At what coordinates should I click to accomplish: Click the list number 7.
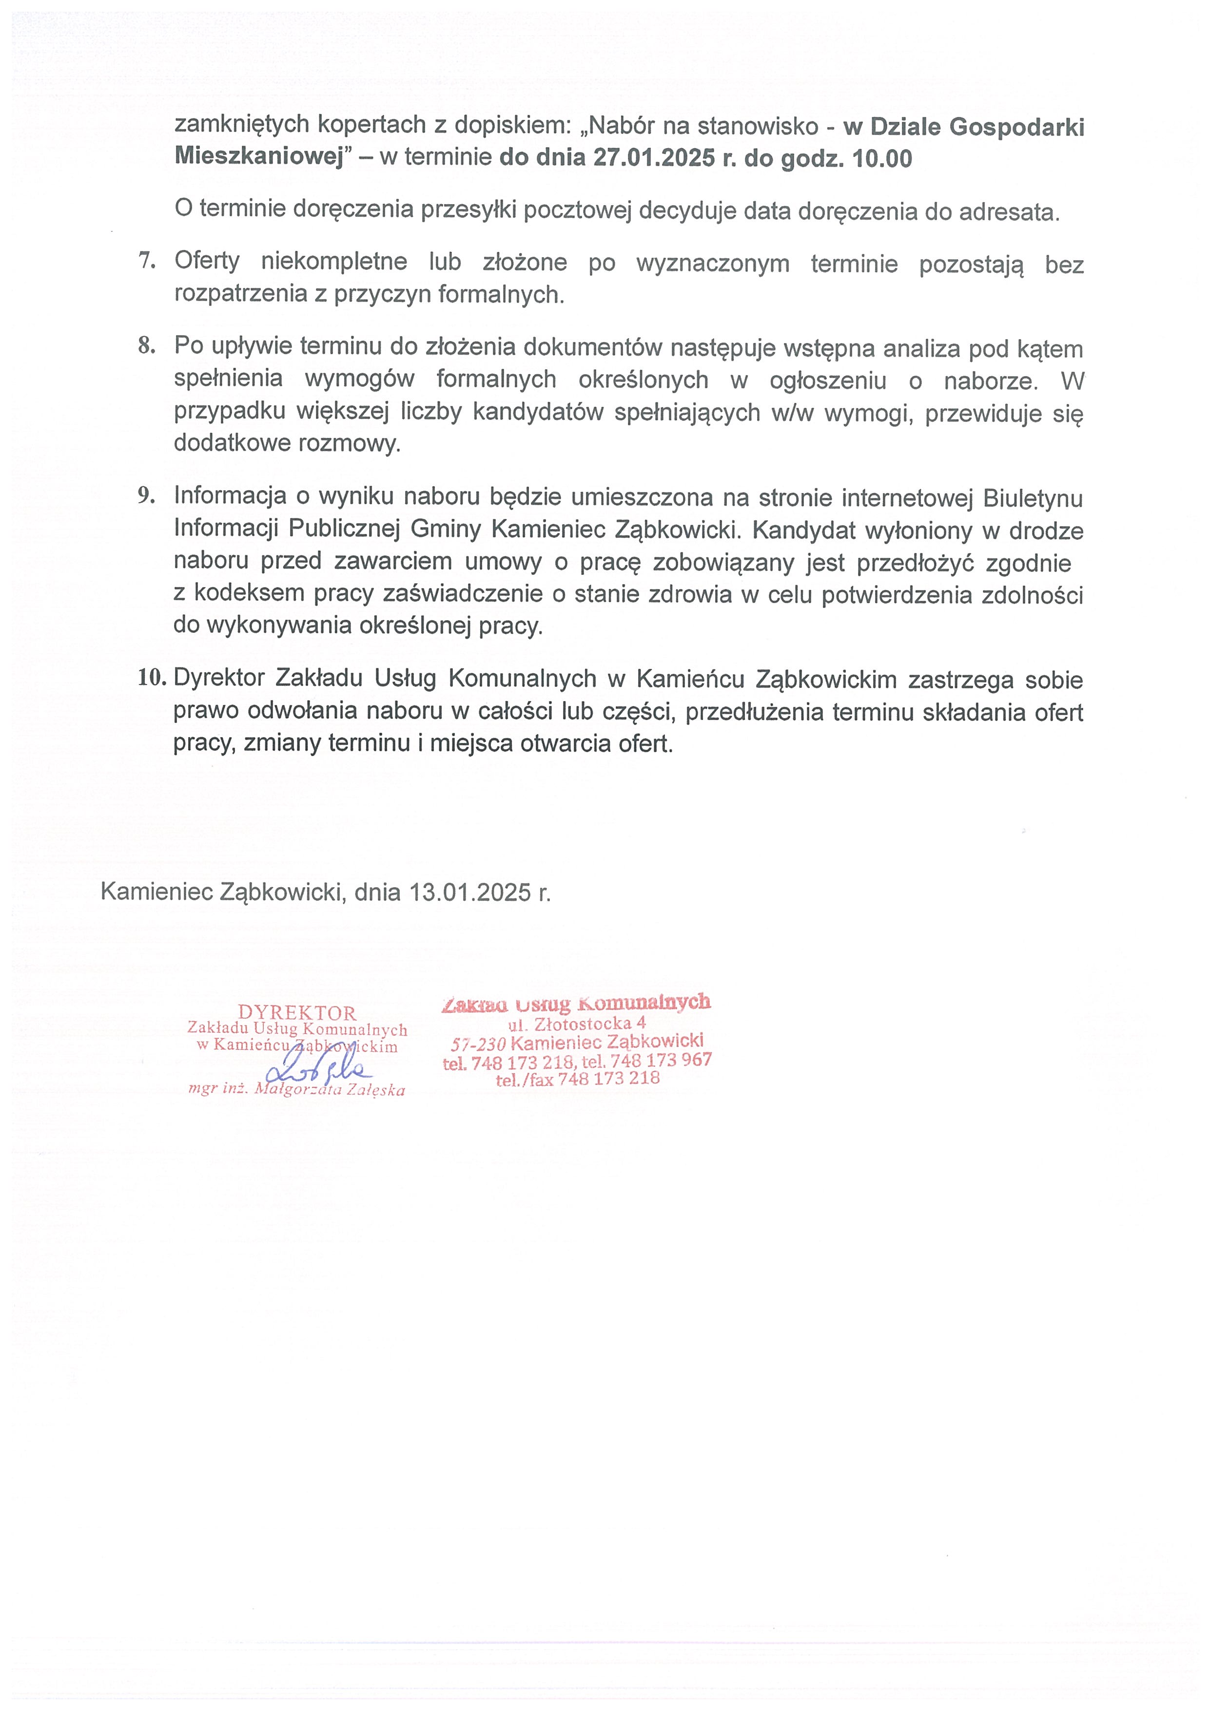pos(147,261)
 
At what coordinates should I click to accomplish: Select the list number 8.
pos(147,345)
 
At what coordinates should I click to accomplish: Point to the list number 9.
pos(147,496)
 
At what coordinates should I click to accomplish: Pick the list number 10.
pos(151,678)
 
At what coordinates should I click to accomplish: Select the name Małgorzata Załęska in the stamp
pos(330,1090)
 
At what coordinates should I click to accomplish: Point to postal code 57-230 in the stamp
pos(478,1044)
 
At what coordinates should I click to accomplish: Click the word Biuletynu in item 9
pos(1033,497)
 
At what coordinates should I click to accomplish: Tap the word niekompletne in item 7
pos(334,262)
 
